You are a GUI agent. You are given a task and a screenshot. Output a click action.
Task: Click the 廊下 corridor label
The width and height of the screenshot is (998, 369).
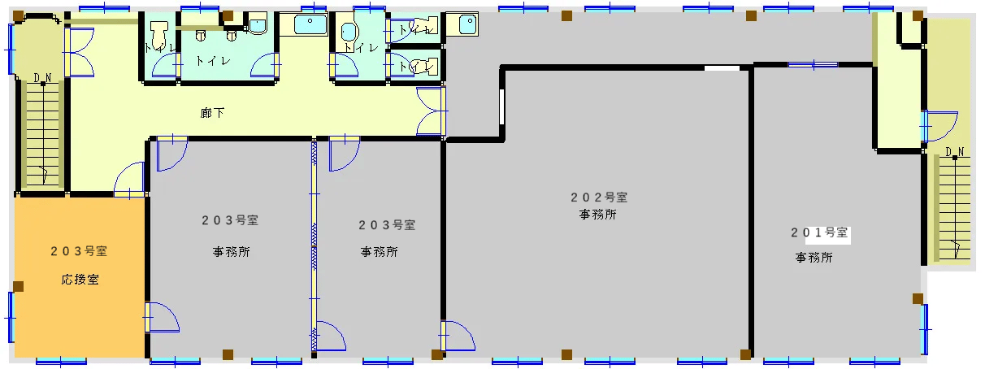213,113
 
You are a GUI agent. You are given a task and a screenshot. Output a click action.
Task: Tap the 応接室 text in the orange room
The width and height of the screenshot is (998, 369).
80,280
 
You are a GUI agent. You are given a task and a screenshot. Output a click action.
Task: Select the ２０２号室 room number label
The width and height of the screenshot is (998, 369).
598,197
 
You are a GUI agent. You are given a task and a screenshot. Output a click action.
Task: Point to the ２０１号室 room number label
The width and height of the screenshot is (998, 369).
820,232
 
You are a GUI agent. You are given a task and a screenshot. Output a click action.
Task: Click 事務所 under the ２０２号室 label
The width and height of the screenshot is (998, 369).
597,215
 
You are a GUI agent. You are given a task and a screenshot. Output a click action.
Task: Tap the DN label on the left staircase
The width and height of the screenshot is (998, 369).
42,78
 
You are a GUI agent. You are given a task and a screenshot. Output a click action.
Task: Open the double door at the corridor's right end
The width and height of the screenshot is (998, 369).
431,111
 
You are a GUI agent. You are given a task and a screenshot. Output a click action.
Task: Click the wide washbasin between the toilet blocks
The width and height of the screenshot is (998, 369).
310,25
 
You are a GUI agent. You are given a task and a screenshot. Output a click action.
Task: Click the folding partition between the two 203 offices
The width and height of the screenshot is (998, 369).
314,244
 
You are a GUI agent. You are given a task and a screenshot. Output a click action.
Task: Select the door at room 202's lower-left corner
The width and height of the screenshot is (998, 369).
458,335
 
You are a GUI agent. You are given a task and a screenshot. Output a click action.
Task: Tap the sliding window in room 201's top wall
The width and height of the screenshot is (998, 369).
813,64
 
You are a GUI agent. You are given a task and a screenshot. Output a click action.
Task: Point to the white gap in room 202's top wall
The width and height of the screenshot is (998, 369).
721,68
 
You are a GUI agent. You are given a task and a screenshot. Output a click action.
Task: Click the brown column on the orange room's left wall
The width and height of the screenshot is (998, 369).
18,286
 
